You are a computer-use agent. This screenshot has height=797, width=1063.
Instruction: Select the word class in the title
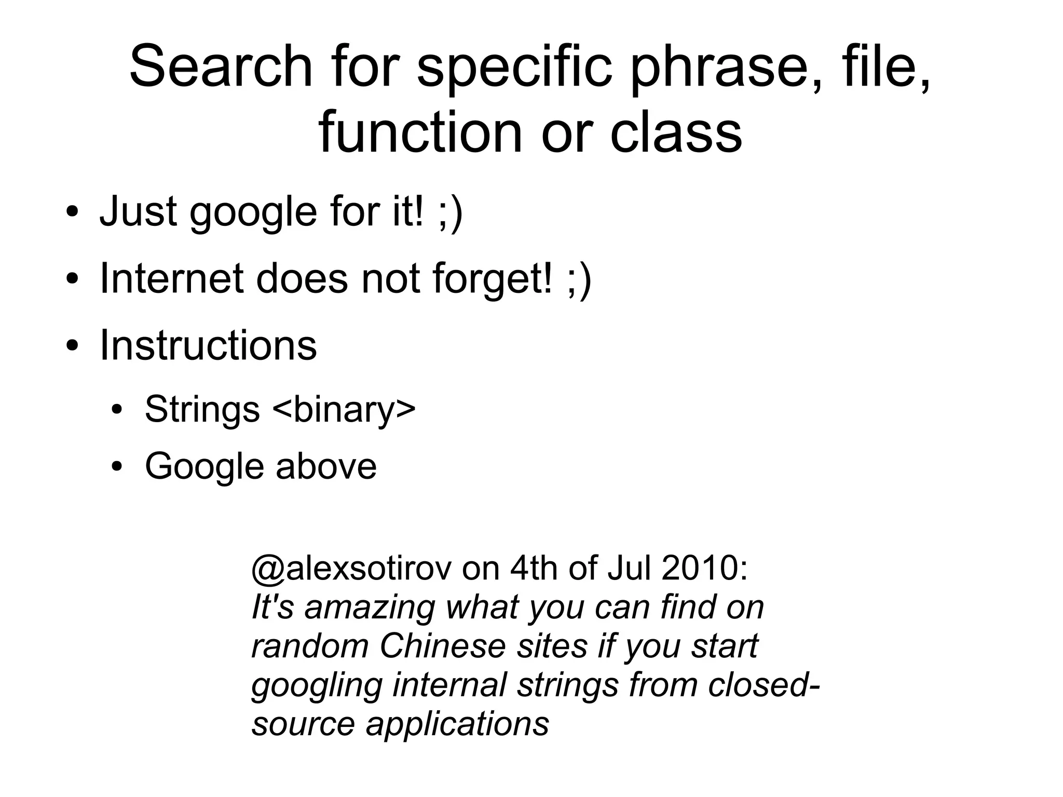[676, 133]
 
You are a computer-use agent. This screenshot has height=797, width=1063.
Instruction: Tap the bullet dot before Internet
[72, 280]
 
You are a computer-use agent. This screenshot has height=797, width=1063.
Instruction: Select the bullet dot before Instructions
[72, 346]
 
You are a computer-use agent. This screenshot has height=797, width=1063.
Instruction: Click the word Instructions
[208, 346]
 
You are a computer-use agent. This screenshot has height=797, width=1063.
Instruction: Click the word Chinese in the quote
[443, 646]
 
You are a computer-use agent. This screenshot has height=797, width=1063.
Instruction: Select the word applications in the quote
[457, 724]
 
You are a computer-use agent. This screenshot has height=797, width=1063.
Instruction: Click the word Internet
[172, 279]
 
